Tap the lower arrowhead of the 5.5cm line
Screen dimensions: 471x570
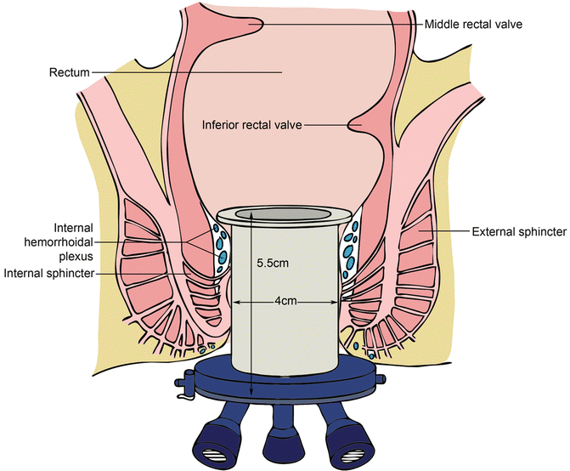[x=252, y=393]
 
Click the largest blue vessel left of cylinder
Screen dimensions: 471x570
[x=218, y=255]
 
